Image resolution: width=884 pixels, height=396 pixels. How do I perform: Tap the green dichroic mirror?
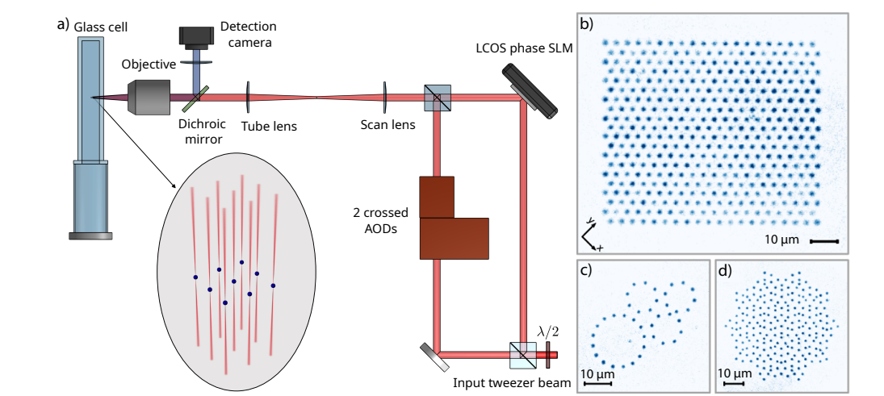(194, 98)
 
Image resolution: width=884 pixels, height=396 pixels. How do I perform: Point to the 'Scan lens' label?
(388, 125)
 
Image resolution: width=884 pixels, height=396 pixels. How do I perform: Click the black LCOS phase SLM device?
(530, 89)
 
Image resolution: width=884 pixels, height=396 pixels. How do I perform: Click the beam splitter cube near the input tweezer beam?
(522, 352)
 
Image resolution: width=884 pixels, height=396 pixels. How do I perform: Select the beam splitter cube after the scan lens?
(437, 98)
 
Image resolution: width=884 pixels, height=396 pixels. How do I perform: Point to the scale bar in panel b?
(823, 240)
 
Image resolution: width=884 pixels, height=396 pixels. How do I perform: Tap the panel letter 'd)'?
(726, 271)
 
